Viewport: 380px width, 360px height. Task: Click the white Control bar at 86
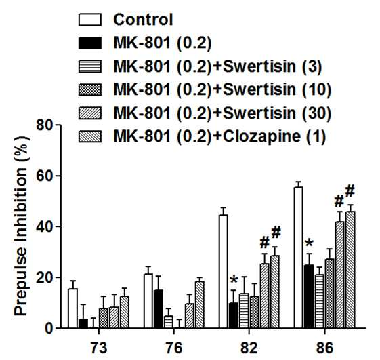click(x=299, y=258)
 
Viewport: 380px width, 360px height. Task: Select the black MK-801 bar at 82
click(x=234, y=316)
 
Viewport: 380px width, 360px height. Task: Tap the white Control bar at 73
click(x=72, y=308)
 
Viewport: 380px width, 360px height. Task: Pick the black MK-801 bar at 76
click(x=159, y=309)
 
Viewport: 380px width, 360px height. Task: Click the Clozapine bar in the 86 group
click(x=350, y=270)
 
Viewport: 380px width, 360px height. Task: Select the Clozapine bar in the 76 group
click(x=199, y=305)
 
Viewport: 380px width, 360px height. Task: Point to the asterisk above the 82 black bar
click(x=234, y=280)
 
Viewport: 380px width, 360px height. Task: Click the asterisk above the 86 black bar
click(x=309, y=243)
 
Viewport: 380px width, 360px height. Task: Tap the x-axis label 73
click(x=99, y=348)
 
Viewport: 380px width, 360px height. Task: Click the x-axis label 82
click(x=249, y=348)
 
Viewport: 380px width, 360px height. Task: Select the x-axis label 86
click(x=324, y=348)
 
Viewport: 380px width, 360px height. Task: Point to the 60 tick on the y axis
click(x=45, y=176)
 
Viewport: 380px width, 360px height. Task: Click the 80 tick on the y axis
click(x=45, y=125)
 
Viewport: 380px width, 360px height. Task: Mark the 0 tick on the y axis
click(x=49, y=328)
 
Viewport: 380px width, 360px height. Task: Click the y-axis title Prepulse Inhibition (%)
click(x=21, y=226)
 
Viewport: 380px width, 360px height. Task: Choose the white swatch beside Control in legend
click(x=90, y=20)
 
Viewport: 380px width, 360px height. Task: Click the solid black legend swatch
click(x=90, y=43)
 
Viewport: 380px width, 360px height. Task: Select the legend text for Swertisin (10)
click(x=277, y=89)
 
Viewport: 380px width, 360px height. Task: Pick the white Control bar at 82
click(x=224, y=272)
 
